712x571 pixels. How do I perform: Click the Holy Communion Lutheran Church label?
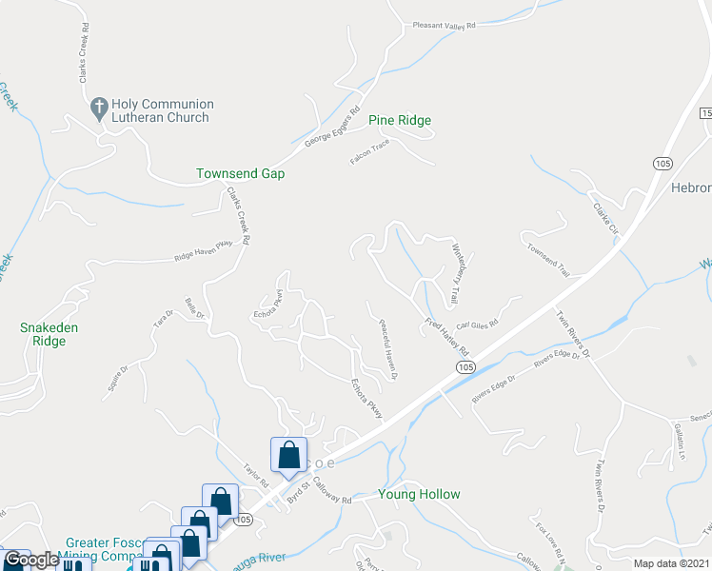(162, 110)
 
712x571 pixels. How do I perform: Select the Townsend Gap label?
(240, 174)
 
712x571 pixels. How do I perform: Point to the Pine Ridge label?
(400, 120)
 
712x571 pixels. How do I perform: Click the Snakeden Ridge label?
(49, 334)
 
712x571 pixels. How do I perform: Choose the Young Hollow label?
(419, 494)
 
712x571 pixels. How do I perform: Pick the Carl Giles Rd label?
(478, 325)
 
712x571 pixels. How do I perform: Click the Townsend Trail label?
(547, 257)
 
